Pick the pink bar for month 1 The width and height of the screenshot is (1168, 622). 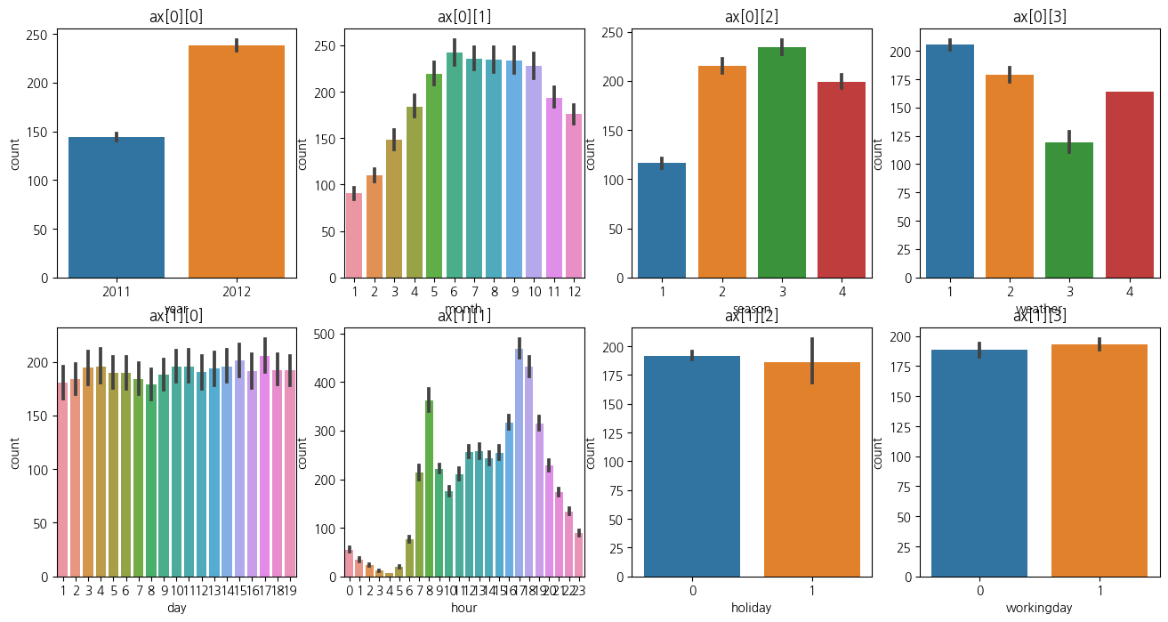tap(354, 236)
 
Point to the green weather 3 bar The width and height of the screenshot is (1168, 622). tap(1070, 210)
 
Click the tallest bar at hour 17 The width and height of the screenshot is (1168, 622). tap(519, 463)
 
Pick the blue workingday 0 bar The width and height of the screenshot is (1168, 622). tap(979, 463)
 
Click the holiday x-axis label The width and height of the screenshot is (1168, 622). tap(752, 609)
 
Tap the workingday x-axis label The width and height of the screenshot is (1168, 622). tap(1039, 609)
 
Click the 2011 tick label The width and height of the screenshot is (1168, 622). tap(117, 291)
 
